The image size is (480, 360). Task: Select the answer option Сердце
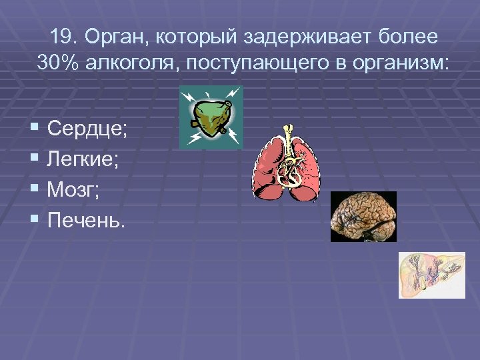click(87, 129)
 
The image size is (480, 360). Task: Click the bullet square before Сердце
click(35, 127)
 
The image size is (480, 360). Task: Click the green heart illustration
click(211, 117)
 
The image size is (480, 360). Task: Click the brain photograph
click(363, 216)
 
